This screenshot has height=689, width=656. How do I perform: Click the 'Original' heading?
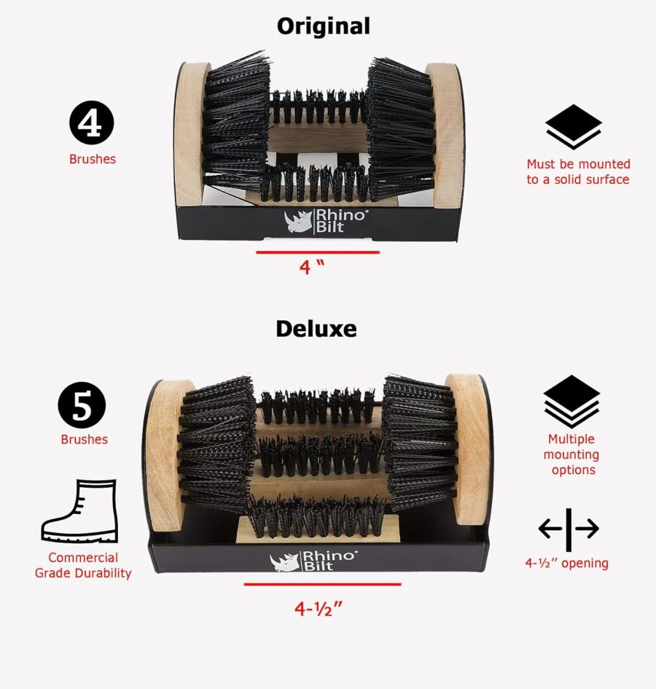click(x=323, y=26)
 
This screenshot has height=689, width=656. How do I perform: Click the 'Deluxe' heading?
click(x=316, y=329)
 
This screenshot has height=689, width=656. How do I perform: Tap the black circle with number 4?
click(x=91, y=123)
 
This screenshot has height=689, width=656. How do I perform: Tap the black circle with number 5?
click(x=82, y=405)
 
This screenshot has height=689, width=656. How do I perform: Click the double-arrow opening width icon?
click(x=569, y=529)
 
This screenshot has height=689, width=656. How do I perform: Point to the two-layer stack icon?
click(x=574, y=127)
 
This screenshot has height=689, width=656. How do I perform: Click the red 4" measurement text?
click(x=312, y=266)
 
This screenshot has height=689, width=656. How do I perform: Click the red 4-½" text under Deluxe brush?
click(x=319, y=608)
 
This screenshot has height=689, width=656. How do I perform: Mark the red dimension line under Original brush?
click(x=318, y=252)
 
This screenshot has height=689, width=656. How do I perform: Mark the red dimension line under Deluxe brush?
click(x=322, y=584)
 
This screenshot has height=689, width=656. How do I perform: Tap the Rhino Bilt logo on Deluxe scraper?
click(x=313, y=561)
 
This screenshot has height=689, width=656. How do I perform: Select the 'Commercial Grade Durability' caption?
click(x=83, y=566)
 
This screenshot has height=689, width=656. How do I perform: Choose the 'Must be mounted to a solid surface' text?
click(x=578, y=172)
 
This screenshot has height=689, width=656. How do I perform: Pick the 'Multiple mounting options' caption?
click(x=573, y=454)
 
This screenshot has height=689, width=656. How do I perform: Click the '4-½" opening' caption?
click(x=566, y=563)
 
